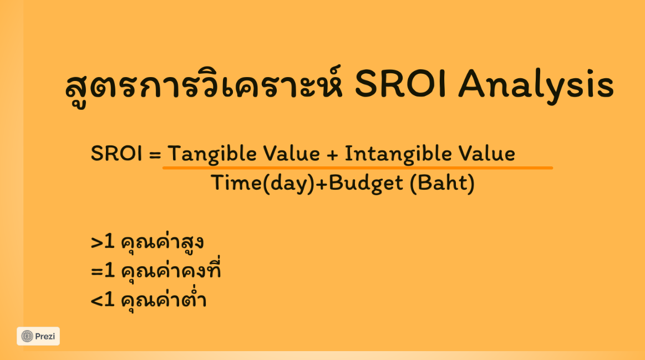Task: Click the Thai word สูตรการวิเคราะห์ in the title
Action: [204, 85]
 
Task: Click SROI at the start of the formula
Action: [116, 154]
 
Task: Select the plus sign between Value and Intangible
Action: [332, 155]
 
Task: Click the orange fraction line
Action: [358, 168]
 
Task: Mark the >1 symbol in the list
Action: [103, 242]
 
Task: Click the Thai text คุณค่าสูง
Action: [162, 242]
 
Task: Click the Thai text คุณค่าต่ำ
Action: [163, 298]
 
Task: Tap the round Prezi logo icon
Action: [27, 336]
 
